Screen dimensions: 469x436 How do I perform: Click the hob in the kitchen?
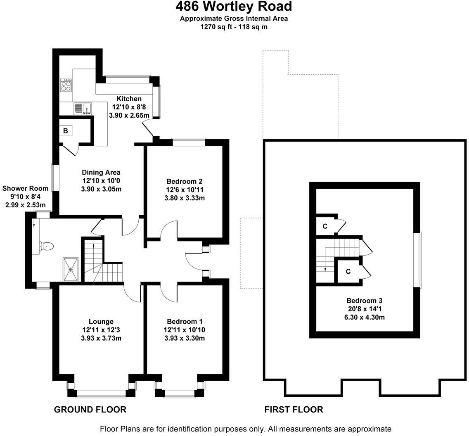(x=66, y=85)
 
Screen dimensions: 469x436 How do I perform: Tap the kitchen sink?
(x=83, y=109)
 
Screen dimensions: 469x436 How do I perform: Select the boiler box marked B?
(x=66, y=131)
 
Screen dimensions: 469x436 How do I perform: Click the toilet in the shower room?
(x=47, y=246)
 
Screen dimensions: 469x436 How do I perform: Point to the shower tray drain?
(x=71, y=269)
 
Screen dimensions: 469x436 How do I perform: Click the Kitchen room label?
(x=129, y=99)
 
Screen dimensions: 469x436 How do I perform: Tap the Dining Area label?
(x=101, y=172)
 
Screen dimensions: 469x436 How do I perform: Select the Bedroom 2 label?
(x=185, y=181)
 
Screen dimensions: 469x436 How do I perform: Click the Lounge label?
(x=101, y=321)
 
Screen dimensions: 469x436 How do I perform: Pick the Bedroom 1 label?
(x=185, y=321)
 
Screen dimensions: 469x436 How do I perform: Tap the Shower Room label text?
(x=25, y=188)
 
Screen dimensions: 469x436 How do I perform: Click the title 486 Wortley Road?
(x=234, y=7)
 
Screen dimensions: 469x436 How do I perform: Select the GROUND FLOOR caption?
(x=90, y=410)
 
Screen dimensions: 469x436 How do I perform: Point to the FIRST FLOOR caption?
(x=294, y=410)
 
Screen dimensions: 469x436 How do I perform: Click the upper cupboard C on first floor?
(x=325, y=226)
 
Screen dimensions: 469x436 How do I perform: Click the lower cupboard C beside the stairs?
(x=348, y=271)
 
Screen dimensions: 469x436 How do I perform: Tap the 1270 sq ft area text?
(x=234, y=27)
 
